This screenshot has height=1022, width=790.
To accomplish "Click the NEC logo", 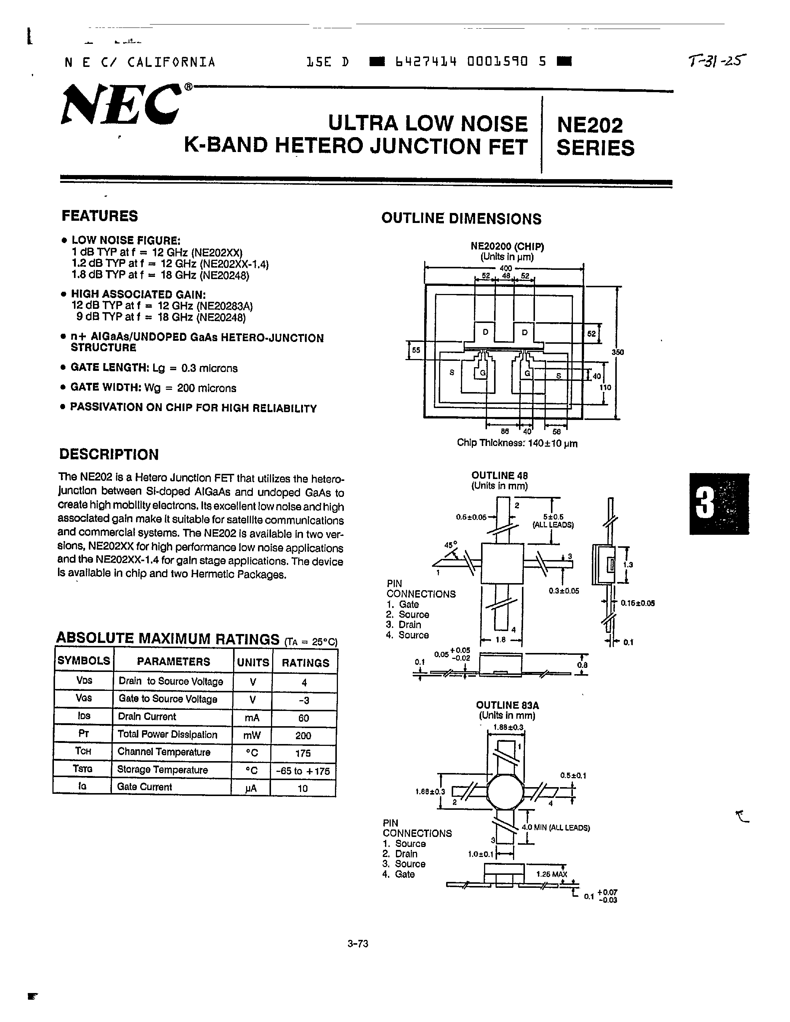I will point(121,105).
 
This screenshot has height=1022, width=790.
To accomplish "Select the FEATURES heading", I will point(100,216).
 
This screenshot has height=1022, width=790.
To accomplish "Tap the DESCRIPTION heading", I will point(109,455).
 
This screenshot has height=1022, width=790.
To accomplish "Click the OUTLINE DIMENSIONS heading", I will point(461,219).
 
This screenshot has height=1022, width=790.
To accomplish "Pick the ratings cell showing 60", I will point(303,718).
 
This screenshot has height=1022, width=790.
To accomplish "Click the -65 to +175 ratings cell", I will point(303,771).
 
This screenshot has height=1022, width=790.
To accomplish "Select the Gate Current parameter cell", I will point(145,787).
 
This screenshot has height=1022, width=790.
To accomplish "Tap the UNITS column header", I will point(253,663).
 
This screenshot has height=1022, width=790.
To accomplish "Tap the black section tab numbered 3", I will point(718,504).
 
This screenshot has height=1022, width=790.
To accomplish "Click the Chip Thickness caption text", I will point(517,443).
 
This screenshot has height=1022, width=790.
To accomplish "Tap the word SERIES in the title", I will point(595,148).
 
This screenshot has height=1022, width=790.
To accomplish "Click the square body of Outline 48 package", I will point(502,563).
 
